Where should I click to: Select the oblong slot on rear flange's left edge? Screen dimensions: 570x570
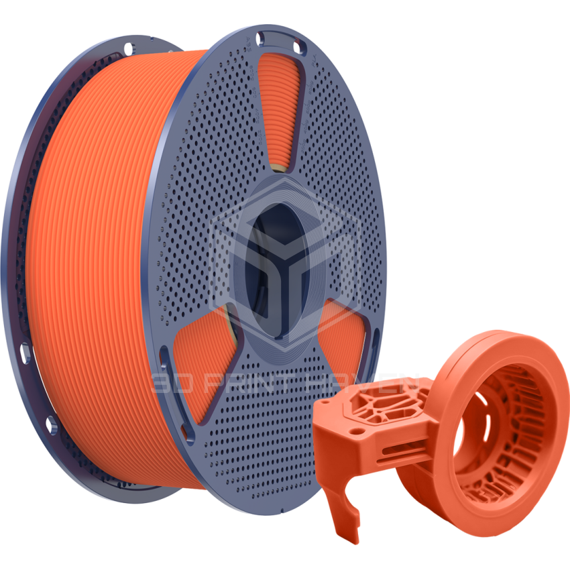25,350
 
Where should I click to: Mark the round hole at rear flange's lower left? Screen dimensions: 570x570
51,422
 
